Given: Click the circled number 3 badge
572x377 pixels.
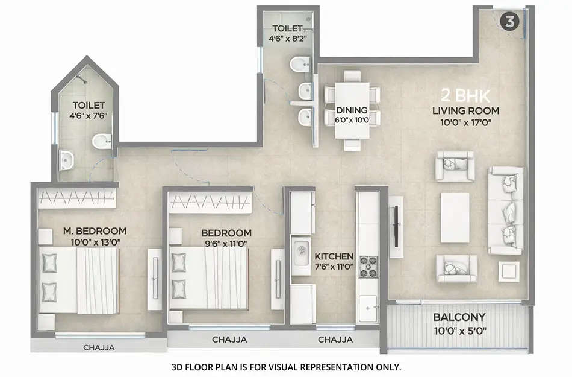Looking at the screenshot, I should [x=509, y=22].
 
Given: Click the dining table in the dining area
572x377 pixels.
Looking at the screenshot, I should [x=352, y=110].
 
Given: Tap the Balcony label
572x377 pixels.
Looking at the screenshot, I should [x=459, y=317].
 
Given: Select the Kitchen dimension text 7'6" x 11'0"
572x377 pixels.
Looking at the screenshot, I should [x=334, y=268].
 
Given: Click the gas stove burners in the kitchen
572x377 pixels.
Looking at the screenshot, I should [x=367, y=265].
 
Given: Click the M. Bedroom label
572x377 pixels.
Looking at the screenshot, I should [x=95, y=231].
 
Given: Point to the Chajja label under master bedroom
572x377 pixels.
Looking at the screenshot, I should [x=98, y=347].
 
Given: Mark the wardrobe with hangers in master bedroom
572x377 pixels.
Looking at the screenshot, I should [x=76, y=197].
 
